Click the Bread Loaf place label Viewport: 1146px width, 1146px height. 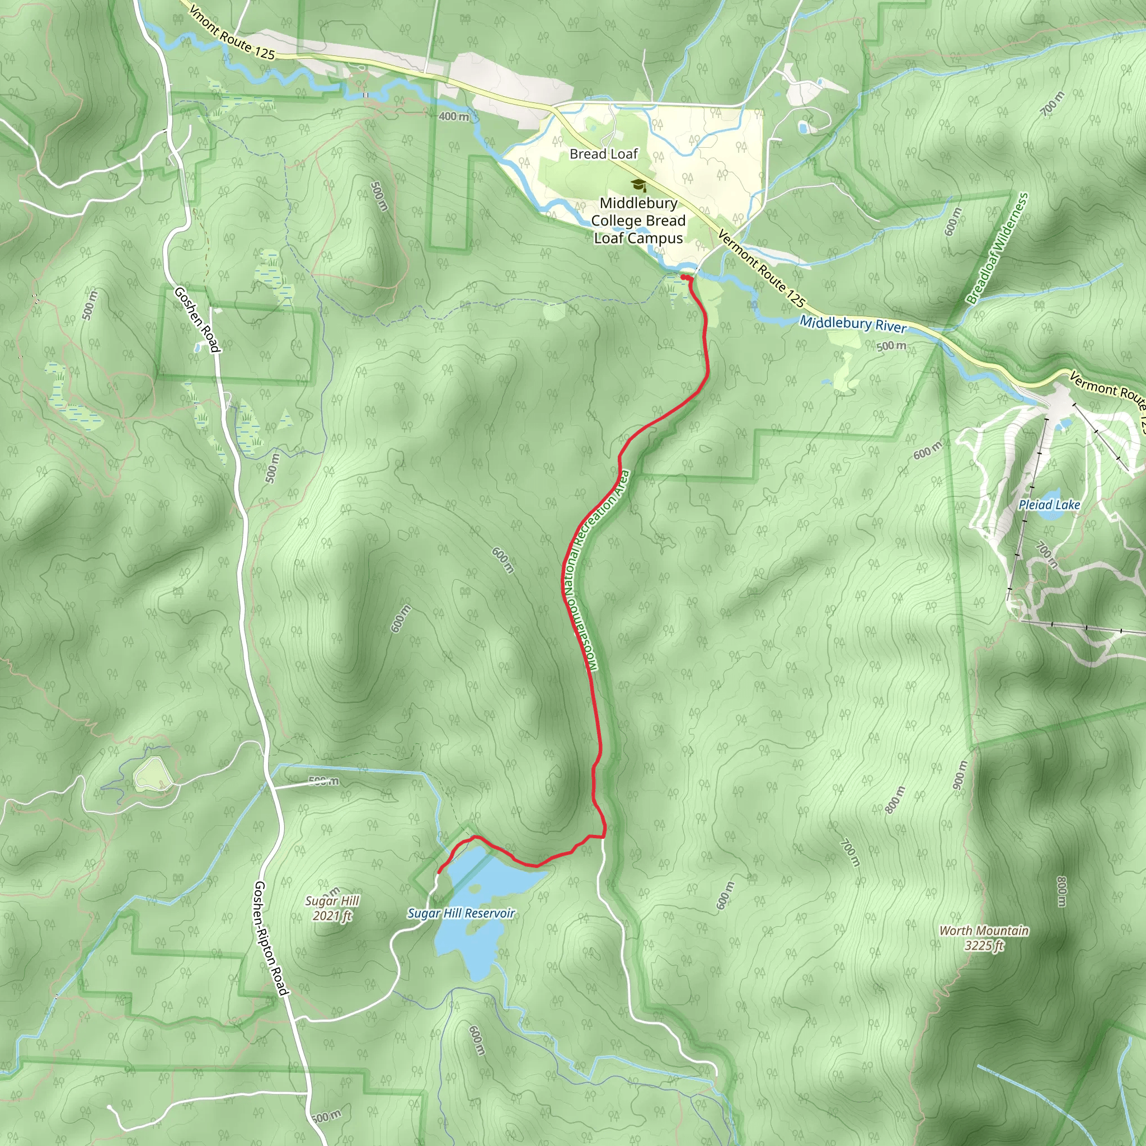603,154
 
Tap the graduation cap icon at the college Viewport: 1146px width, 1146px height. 638,185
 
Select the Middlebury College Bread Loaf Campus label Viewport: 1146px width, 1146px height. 638,220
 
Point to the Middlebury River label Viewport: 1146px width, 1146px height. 853,325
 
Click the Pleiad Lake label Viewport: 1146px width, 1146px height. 1049,505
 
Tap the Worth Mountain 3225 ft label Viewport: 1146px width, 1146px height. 984,938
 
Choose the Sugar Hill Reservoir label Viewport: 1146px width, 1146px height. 461,913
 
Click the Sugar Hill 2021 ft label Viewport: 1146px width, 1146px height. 332,908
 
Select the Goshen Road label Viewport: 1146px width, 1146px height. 198,320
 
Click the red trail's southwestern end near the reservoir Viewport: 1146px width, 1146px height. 438,872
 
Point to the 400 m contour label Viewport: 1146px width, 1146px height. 454,117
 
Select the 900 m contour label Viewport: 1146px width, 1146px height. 960,774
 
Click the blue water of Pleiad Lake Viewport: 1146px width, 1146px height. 1050,497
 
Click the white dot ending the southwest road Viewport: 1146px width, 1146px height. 110,1107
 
